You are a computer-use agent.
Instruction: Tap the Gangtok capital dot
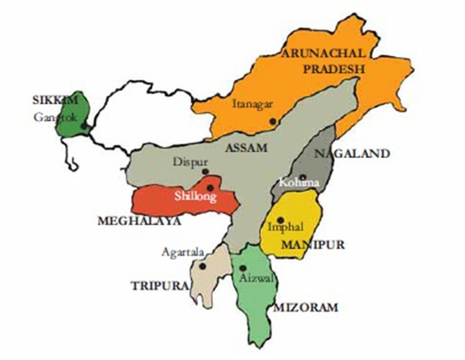pyautogui.click(x=84, y=126)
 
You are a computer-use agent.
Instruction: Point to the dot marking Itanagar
pyautogui.click(x=272, y=122)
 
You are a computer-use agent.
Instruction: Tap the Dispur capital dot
pyautogui.click(x=205, y=171)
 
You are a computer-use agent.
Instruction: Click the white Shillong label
pyautogui.click(x=195, y=196)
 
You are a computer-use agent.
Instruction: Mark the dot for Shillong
pyautogui.click(x=210, y=188)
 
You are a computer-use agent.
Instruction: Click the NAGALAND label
pyautogui.click(x=352, y=153)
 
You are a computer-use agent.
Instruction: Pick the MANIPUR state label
pyautogui.click(x=313, y=245)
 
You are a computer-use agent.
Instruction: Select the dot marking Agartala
pyautogui.click(x=203, y=266)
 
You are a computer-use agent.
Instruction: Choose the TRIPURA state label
pyautogui.click(x=159, y=285)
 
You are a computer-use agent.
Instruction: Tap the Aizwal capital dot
pyautogui.click(x=242, y=268)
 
